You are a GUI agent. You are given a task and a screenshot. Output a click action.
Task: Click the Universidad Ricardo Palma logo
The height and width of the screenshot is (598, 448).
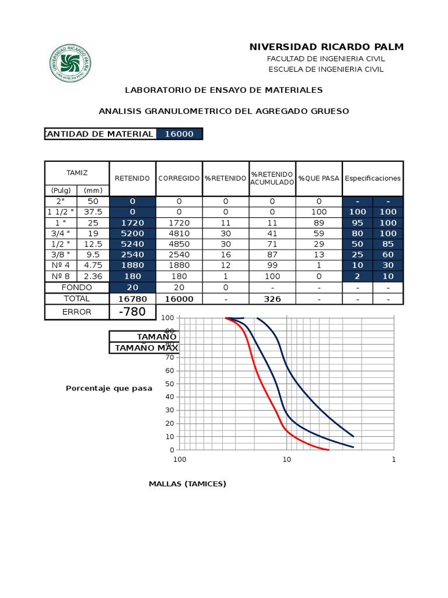[70, 63]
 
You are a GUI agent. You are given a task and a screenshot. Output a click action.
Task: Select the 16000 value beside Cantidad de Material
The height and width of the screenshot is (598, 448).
[178, 134]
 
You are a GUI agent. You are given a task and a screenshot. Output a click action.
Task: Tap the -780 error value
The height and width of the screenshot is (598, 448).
[132, 312]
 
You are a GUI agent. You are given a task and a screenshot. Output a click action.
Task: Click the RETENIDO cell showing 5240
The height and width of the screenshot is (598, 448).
[132, 244]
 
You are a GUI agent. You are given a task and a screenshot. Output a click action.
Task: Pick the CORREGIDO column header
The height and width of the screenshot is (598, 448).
[178, 178]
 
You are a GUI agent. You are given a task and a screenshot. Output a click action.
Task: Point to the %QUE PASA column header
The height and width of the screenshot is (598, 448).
[318, 178]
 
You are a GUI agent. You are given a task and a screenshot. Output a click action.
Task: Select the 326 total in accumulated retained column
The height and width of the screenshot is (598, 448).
[272, 299]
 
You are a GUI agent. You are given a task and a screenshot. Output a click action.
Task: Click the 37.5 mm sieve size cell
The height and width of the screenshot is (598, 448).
[93, 211]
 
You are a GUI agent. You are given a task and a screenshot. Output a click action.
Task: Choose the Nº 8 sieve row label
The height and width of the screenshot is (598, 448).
[60, 276]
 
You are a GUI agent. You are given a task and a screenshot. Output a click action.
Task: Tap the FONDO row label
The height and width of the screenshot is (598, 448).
[77, 287]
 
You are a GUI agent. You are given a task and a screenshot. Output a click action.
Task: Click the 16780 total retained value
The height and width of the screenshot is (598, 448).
[132, 299]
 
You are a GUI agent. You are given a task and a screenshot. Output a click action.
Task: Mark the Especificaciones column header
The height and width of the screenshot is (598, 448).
[373, 178]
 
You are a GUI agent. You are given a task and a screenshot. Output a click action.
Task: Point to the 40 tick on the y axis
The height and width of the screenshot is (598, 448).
[170, 397]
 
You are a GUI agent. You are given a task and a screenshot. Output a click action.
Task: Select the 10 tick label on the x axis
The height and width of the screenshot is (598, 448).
[286, 460]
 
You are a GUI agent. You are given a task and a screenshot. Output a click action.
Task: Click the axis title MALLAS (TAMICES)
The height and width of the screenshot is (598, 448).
[187, 484]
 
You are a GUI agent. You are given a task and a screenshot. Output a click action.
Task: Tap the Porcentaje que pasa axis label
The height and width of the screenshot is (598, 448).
[109, 388]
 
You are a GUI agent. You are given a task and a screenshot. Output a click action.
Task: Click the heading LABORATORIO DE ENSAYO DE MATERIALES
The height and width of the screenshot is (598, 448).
[224, 90]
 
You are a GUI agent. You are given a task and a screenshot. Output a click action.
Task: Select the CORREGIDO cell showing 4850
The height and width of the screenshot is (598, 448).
[178, 244]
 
